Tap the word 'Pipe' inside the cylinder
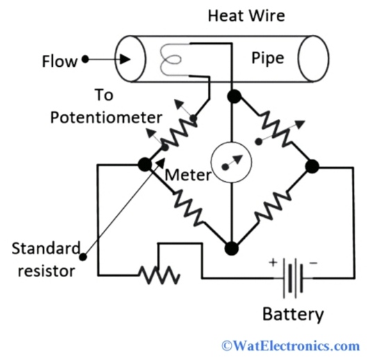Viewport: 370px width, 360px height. click(x=268, y=58)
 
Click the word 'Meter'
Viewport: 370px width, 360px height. click(x=187, y=175)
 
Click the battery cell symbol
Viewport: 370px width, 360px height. click(x=293, y=278)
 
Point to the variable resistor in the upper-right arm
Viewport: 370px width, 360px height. click(x=273, y=130)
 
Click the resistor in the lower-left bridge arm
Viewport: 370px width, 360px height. click(x=186, y=206)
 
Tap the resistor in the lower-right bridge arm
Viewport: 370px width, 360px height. click(x=273, y=207)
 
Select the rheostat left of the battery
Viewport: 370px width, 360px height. click(x=159, y=276)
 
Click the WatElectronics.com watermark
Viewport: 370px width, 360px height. click(x=290, y=345)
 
